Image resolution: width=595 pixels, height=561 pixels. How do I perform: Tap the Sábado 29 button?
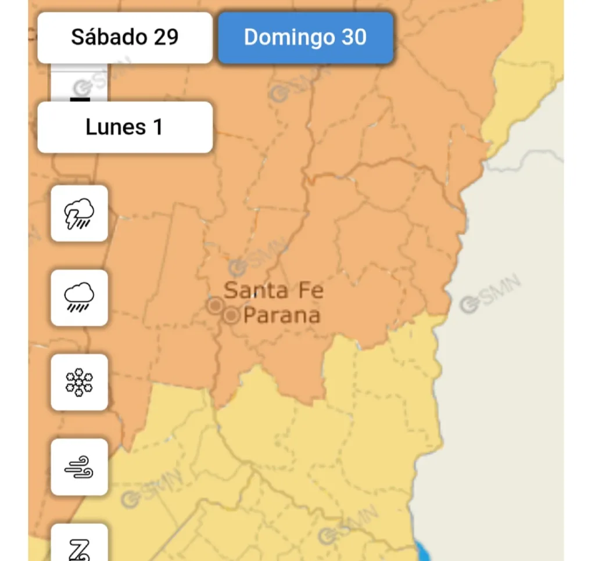point(124,38)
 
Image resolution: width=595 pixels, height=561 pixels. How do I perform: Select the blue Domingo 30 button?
point(305,38)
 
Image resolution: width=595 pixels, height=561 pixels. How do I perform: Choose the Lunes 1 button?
point(124,127)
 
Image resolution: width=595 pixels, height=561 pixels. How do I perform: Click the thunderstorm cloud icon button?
point(80,213)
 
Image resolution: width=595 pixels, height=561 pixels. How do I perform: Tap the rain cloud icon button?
point(80,297)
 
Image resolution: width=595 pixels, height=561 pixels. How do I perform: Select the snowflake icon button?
point(80,382)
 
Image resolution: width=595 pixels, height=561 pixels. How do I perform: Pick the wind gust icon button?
point(80,467)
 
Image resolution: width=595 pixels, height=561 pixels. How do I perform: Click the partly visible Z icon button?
point(80,546)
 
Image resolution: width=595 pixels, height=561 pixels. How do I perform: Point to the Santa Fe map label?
point(273,290)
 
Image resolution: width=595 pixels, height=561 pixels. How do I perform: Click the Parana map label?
point(282,316)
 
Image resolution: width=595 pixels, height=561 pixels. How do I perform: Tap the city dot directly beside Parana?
point(231,316)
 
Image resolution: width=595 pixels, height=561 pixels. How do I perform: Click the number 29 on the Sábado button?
point(166,38)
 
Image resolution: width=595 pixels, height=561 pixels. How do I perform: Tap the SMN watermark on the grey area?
point(491,296)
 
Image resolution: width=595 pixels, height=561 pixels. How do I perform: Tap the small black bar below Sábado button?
point(80,99)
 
